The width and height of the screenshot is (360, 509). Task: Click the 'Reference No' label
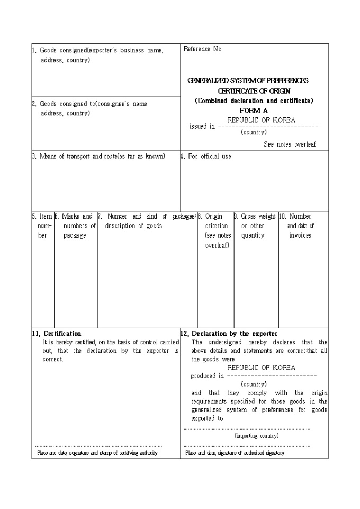[203, 49]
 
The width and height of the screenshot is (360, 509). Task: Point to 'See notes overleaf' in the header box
[290, 144]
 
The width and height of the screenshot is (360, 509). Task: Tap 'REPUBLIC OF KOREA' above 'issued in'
[262, 120]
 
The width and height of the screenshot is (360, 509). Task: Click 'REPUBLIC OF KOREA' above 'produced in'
[262, 368]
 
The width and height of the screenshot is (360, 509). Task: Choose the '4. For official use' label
[206, 157]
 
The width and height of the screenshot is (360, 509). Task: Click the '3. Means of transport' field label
[99, 157]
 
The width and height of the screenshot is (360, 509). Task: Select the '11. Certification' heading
[57, 334]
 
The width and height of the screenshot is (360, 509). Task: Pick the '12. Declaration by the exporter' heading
[229, 334]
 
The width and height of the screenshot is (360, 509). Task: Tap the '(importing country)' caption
[256, 435]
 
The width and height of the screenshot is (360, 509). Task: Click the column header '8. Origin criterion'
[216, 226]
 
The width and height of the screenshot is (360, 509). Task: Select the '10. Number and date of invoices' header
[300, 226]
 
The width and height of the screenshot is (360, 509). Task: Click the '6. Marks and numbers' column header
[76, 226]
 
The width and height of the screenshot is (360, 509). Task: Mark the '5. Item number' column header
[43, 226]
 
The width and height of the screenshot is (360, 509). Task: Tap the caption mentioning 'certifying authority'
[97, 453]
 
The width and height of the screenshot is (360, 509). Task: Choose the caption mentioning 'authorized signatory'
[235, 453]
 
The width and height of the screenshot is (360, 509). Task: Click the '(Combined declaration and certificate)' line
[254, 101]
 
